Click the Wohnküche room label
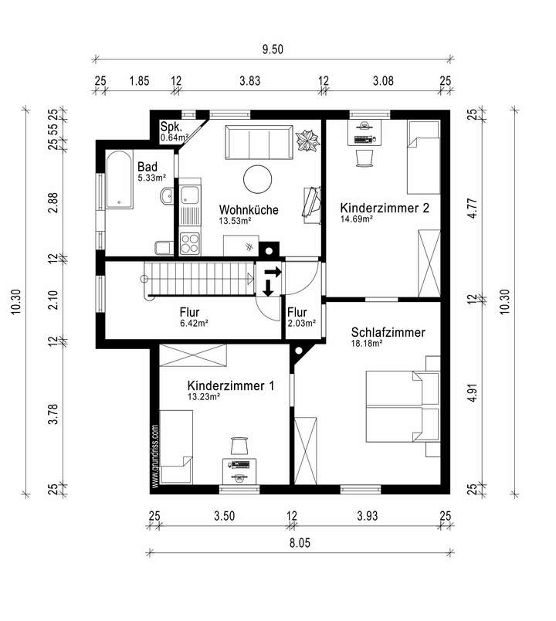point(249,209)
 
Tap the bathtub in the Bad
point(119,179)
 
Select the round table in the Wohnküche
point(257,179)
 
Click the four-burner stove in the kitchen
point(190,243)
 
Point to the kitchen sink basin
point(190,195)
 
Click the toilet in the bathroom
point(164,248)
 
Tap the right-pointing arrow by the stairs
point(273,272)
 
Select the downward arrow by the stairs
point(269,288)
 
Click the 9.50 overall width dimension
point(273,49)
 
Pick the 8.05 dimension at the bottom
point(300,542)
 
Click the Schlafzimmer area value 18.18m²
point(367,344)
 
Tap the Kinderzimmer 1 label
point(231,385)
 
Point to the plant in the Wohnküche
point(307,141)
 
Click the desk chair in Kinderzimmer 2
point(364,158)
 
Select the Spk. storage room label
point(171,127)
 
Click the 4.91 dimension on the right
point(472,392)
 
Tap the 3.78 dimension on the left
point(53,414)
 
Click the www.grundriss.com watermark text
point(155,456)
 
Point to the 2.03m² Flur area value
point(302,323)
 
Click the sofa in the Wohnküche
point(259,142)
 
